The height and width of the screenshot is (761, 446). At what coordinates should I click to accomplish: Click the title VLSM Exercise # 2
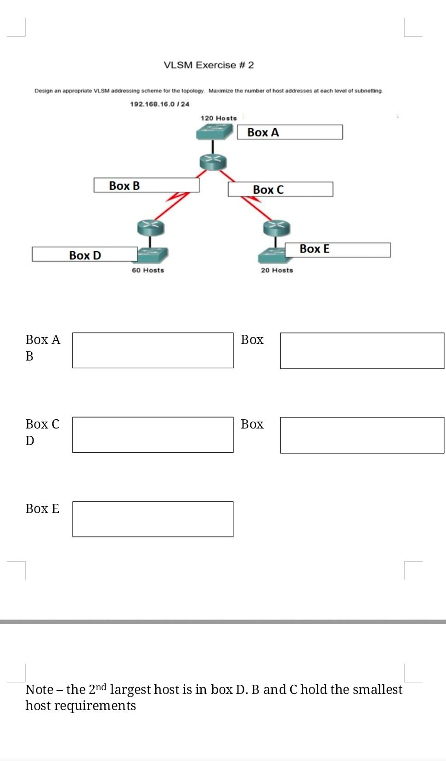[x=209, y=65]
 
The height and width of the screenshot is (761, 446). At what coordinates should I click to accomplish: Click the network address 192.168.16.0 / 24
[x=159, y=104]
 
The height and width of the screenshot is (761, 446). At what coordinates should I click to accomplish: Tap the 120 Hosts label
[x=219, y=118]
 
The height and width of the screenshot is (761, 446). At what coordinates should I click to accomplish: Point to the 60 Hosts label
[x=148, y=270]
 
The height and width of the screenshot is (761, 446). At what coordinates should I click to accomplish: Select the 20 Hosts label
[x=277, y=270]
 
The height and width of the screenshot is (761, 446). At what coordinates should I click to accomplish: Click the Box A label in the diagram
[x=263, y=132]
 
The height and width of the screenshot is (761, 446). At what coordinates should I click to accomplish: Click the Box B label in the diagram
[x=124, y=186]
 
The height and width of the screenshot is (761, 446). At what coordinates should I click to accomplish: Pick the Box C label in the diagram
[x=268, y=189]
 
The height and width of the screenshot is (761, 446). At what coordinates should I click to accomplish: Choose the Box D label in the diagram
[x=85, y=255]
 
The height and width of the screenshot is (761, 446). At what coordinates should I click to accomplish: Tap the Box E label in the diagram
[x=315, y=249]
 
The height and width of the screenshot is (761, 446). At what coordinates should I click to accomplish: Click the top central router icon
[x=213, y=161]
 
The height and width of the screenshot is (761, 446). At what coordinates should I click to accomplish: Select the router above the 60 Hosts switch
[x=151, y=227]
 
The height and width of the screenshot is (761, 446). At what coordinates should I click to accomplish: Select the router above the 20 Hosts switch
[x=277, y=227]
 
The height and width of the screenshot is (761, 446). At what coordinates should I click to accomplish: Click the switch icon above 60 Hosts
[x=154, y=254]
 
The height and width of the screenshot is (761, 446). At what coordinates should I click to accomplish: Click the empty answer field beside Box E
[x=152, y=519]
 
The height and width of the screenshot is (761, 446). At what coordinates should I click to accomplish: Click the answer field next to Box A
[x=152, y=350]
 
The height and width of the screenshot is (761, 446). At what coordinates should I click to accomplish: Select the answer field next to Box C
[x=152, y=434]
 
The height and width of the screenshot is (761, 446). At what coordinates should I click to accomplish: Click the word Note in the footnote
[x=39, y=689]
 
